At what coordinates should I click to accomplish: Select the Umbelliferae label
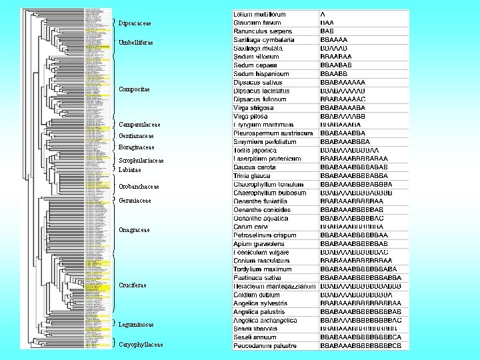coord(135,43)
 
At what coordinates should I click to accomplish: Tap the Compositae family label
coord(134,89)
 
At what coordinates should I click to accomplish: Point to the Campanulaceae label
coord(139,125)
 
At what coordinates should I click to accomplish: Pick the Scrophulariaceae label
coord(141,161)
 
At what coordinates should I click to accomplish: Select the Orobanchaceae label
coord(139,187)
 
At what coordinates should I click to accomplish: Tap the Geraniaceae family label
coord(135,200)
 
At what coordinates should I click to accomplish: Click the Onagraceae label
coord(134,230)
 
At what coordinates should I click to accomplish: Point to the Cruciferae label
coord(132,285)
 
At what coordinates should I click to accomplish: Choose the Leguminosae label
coord(136,325)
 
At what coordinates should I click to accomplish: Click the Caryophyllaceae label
coord(140,345)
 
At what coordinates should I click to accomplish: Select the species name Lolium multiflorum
coord(259,14)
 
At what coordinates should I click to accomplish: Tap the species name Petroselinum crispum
coord(265,235)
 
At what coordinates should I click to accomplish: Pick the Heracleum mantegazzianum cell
coord(274,285)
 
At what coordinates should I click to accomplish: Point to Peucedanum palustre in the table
coord(265,345)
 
